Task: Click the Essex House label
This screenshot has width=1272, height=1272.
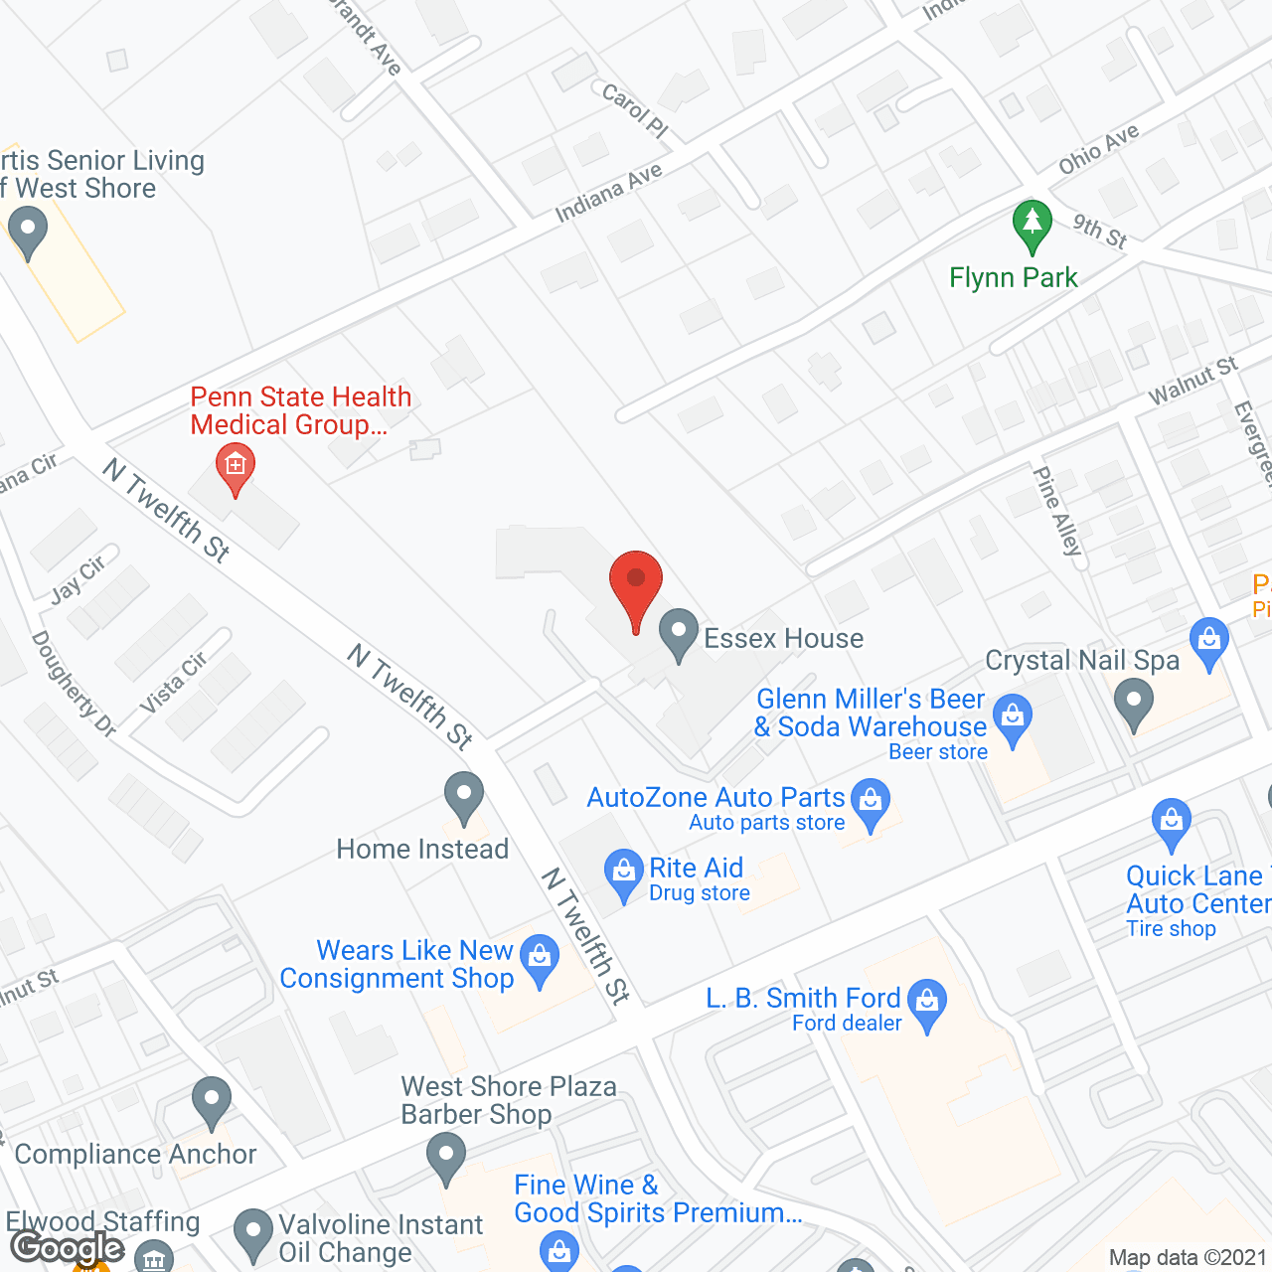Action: [783, 638]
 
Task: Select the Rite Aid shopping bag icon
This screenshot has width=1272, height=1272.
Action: [623, 873]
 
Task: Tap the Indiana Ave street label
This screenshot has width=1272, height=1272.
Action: [608, 193]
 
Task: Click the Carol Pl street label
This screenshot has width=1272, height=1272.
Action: [635, 110]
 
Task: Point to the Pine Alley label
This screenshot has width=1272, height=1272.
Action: [1057, 511]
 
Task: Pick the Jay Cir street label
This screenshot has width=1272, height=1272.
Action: [79, 579]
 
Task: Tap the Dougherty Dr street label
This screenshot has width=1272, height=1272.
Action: [74, 685]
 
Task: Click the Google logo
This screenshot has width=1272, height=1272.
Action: [68, 1248]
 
